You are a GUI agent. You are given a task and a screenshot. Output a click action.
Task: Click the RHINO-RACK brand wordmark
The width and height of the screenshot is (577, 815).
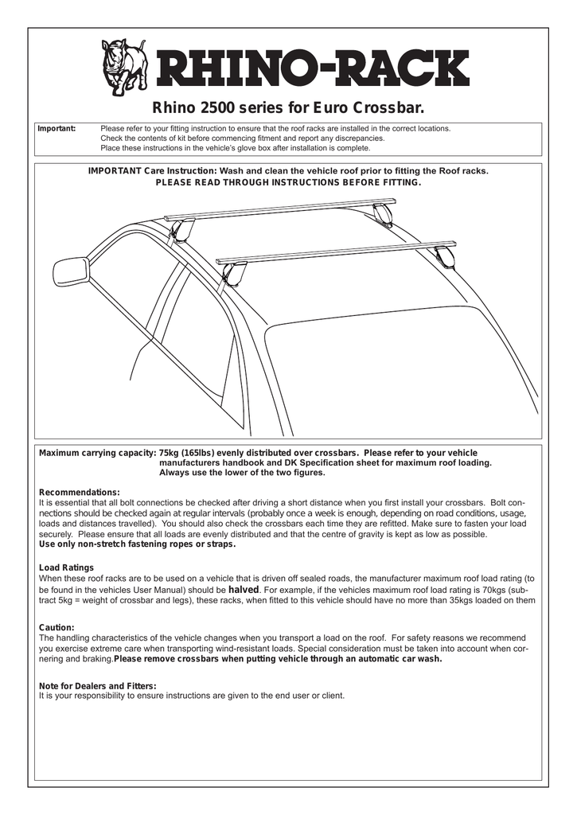pos(311,71)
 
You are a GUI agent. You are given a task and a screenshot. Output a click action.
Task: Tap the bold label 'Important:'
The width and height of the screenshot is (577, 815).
pos(57,128)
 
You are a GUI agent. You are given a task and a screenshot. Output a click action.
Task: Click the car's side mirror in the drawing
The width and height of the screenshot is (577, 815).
pos(71,271)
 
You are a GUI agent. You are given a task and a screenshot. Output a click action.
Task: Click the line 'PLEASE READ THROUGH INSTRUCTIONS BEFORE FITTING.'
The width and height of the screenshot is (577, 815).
pos(287,182)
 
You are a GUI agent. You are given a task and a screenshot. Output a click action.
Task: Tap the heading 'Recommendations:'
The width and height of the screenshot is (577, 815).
pos(80,493)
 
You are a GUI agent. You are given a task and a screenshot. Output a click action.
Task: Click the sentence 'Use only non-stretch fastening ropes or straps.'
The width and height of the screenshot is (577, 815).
pos(137,544)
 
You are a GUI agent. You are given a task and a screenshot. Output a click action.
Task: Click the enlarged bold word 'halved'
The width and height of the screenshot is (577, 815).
pos(244,590)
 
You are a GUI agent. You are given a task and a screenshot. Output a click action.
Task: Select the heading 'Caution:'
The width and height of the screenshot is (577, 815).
pos(57,627)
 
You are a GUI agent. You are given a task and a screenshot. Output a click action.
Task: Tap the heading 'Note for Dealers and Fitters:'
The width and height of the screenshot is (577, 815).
pos(97,685)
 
